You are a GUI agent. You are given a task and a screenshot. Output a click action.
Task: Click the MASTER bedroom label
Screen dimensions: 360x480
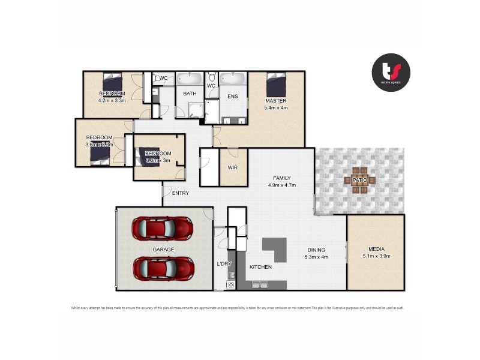275,101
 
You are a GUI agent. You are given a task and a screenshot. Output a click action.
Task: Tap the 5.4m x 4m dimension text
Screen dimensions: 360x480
275,109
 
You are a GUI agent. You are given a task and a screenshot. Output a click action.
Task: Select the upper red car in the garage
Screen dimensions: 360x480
162,228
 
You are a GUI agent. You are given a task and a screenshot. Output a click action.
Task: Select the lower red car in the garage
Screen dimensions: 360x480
162,268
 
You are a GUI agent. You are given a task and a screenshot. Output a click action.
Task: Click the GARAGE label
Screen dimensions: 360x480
163,248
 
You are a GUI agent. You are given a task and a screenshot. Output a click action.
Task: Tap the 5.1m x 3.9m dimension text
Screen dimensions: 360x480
377,256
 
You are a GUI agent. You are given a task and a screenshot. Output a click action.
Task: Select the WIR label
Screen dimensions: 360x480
233,168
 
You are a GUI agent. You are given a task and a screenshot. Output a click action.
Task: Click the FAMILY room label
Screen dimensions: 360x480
281,178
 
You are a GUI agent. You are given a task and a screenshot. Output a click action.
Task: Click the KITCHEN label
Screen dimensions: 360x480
260,267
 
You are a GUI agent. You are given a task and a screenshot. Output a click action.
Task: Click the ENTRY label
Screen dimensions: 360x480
181,193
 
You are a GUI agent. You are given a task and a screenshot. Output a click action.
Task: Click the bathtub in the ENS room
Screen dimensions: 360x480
233,79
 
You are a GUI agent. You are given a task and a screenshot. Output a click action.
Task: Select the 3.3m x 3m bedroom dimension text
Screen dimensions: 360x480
158,161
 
